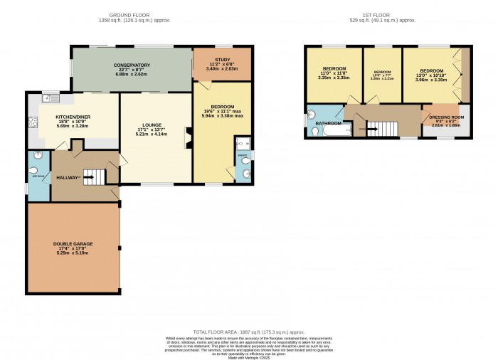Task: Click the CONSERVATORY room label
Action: [131, 65]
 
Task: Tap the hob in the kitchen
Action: [32, 123]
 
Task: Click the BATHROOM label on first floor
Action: [328, 123]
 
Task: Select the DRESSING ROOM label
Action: [446, 117]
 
